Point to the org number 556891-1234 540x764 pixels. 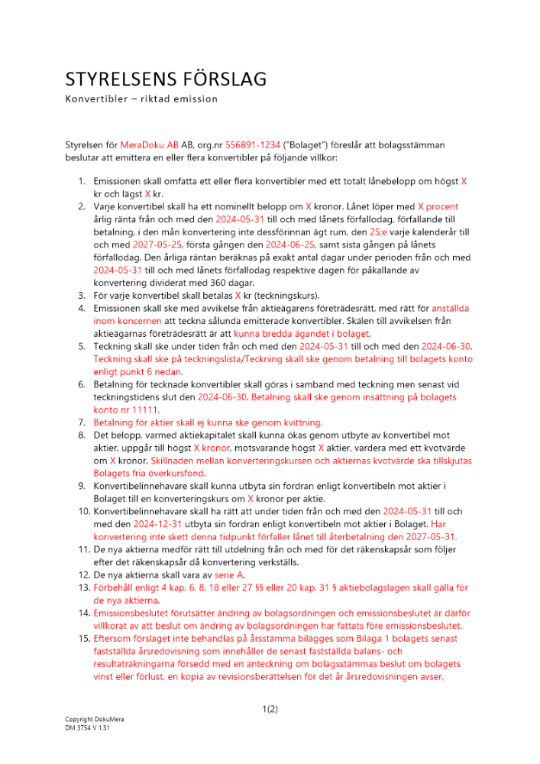point(251,144)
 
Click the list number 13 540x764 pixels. point(82,588)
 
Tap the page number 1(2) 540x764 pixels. point(270,709)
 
